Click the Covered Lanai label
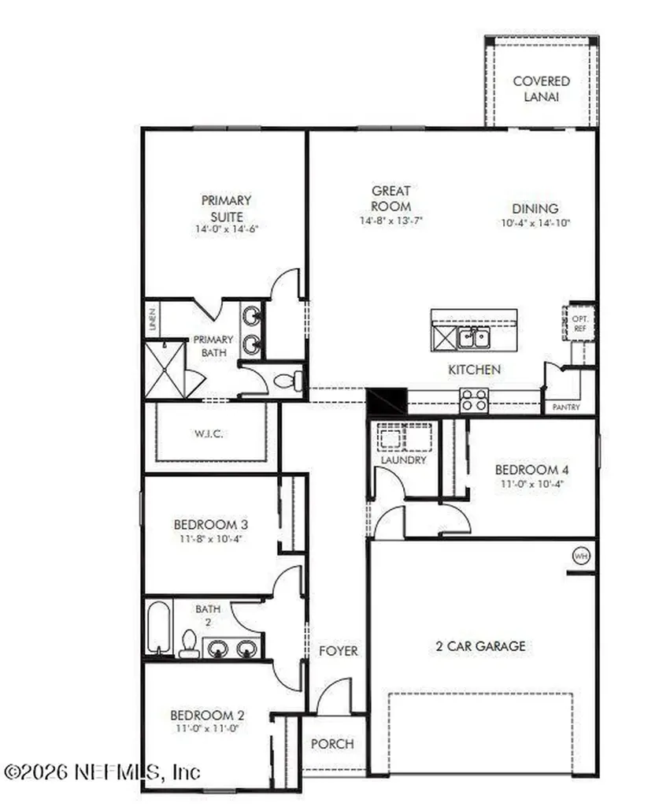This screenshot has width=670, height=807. (541, 89)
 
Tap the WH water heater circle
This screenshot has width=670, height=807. (581, 556)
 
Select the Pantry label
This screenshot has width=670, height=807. (567, 407)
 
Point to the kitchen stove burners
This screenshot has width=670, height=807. (473, 400)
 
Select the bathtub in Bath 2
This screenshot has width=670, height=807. (158, 628)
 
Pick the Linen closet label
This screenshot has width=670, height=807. (152, 319)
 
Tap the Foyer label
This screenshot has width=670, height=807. (338, 651)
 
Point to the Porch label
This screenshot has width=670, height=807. (332, 743)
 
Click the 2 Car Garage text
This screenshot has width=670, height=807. (480, 646)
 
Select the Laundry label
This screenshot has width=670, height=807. (403, 459)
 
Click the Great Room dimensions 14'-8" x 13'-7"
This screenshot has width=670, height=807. (391, 221)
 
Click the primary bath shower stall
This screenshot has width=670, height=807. (165, 369)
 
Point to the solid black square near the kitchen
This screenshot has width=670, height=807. (387, 401)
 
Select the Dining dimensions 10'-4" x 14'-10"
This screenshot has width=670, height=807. (535, 223)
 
